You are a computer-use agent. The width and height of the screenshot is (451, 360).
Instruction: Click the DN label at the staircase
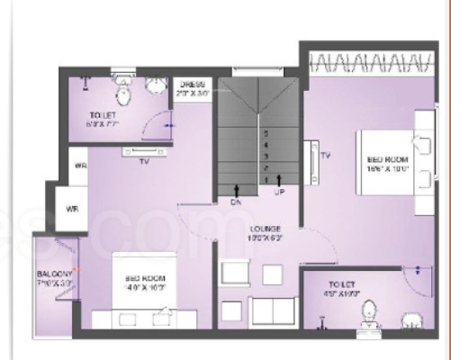237,203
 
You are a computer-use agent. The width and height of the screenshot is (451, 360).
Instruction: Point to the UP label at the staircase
279,193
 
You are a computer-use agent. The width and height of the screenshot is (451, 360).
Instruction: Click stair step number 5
266,134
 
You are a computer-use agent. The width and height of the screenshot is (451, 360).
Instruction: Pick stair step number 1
266,180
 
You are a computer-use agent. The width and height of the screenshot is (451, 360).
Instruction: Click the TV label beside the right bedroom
326,156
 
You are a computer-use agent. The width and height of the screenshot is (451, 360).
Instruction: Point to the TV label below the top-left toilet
143,163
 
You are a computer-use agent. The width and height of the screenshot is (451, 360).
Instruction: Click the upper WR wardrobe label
80,166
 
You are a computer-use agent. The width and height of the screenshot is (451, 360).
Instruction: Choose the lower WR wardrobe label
72,209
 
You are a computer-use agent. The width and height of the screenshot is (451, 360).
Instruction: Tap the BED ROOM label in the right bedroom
389,162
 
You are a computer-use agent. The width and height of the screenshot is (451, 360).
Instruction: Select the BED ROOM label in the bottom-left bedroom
144,283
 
